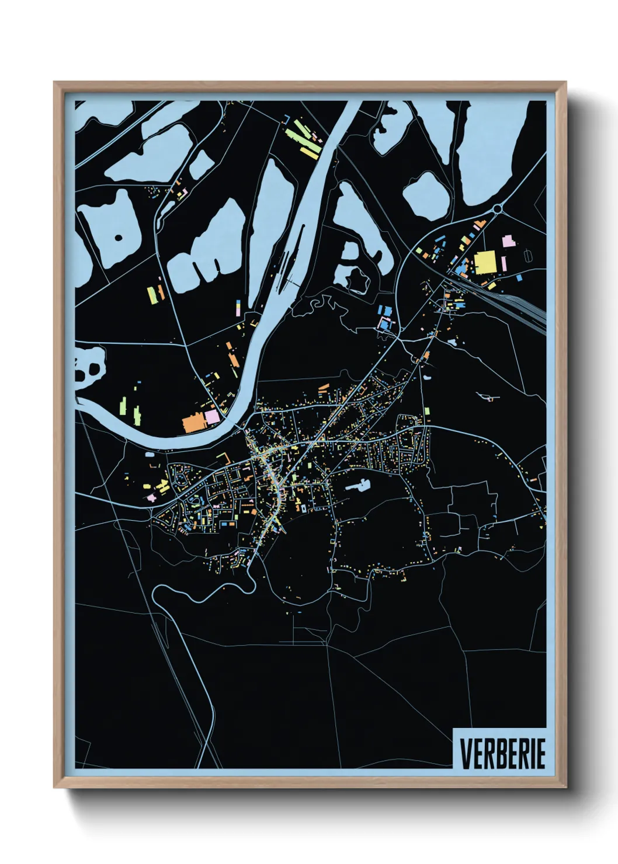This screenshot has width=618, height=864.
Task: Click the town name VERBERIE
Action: pyautogui.click(x=502, y=754)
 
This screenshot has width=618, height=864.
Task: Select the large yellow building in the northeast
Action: pyautogui.click(x=484, y=262)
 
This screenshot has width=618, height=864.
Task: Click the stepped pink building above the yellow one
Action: pyautogui.click(x=508, y=241)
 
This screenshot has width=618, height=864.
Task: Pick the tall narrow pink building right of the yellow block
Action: pyautogui.click(x=504, y=264)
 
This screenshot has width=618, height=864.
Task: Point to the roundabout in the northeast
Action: pyautogui.click(x=497, y=208)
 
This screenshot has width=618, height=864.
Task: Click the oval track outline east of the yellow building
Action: pyautogui.click(x=529, y=255)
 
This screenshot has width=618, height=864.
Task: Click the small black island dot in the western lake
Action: pyautogui.click(x=119, y=238)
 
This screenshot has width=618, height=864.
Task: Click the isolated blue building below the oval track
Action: pyautogui.click(x=519, y=278)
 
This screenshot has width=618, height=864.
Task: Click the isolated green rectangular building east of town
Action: pyautogui.click(x=427, y=412)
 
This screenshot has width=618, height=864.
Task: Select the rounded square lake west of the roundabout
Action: pyautogui.click(x=427, y=196)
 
